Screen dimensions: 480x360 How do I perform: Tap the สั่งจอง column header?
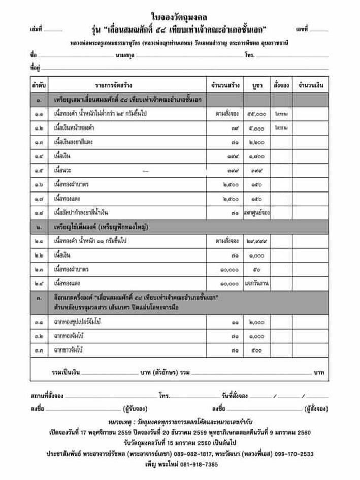pos(280,85)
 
